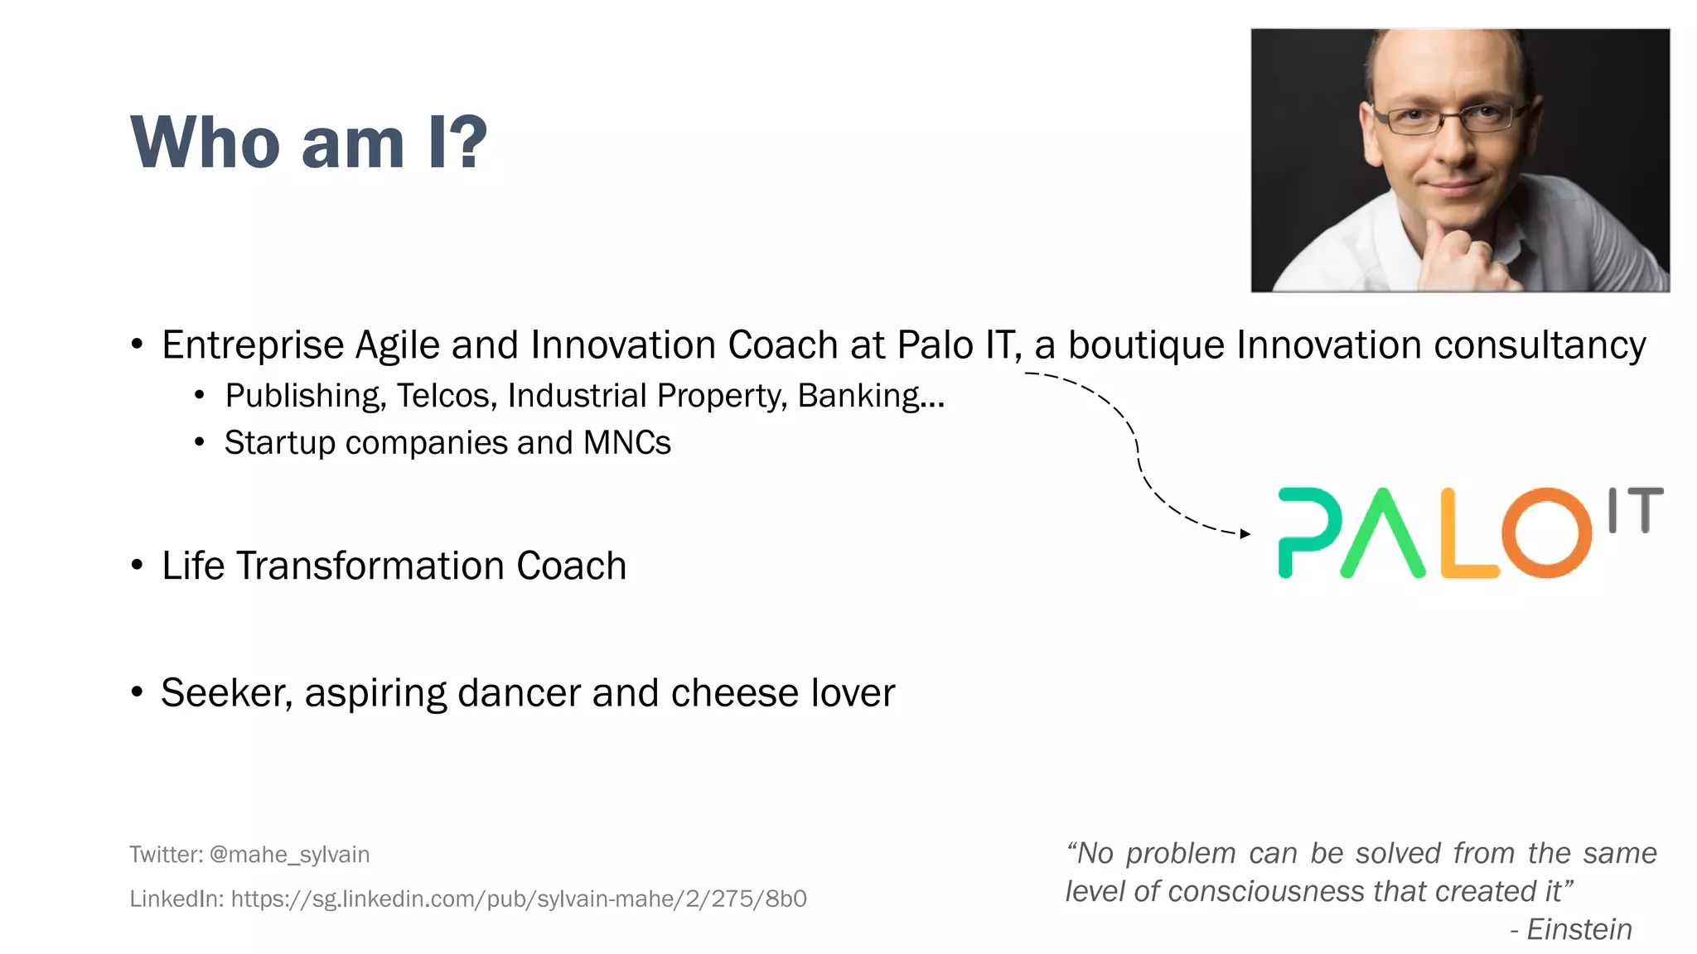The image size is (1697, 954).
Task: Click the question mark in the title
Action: click(470, 142)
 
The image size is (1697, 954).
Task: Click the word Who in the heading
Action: click(205, 142)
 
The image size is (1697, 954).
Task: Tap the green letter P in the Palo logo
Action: click(1308, 530)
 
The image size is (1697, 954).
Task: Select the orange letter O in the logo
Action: click(1546, 532)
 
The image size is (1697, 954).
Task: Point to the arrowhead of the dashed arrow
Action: click(1245, 534)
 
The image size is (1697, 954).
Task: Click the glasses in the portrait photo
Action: click(1450, 118)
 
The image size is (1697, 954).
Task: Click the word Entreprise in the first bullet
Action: click(252, 345)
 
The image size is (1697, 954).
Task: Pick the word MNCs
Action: click(626, 443)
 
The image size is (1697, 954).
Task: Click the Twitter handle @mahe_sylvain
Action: click(289, 855)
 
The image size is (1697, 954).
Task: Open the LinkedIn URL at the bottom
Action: click(518, 899)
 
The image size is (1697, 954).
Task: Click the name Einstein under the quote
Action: click(1579, 929)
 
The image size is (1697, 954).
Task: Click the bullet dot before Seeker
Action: click(138, 692)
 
